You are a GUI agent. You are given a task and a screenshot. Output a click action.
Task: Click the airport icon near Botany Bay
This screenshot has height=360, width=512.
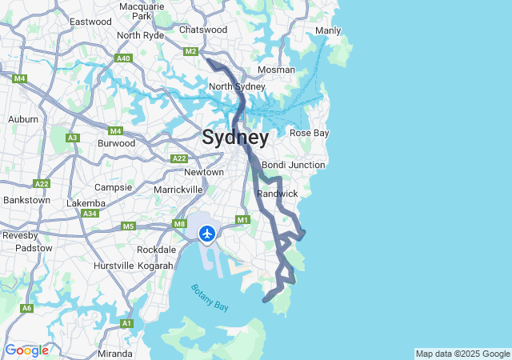click(207, 234)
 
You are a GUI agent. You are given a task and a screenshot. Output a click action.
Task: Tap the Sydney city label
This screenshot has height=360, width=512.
click(235, 137)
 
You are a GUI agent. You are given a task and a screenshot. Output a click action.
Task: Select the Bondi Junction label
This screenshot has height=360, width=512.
click(293, 165)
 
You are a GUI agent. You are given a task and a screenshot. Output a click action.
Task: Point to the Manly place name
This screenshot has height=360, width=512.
click(328, 31)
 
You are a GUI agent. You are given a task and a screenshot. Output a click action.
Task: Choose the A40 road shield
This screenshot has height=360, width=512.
click(123, 58)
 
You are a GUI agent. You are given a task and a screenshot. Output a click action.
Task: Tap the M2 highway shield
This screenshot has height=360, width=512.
click(190, 52)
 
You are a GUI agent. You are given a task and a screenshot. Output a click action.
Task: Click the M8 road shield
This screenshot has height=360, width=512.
click(179, 226)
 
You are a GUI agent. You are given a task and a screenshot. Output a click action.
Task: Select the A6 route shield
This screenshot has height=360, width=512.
click(27, 308)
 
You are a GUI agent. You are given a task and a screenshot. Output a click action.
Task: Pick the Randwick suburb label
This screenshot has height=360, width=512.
click(278, 194)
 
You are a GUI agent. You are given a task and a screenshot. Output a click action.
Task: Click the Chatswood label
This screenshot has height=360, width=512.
click(203, 30)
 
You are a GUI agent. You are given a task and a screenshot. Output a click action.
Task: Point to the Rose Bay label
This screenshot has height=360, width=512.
click(309, 133)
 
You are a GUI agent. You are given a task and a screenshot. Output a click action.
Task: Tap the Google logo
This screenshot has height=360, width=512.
click(26, 350)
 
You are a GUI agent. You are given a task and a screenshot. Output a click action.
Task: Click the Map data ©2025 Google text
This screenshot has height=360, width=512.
click(462, 354)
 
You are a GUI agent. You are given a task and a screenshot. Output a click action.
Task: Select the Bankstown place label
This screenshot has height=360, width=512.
click(26, 199)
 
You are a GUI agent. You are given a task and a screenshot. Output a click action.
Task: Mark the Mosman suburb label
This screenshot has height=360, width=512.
click(276, 70)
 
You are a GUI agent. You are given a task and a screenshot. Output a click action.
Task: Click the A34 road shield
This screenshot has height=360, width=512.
click(90, 214)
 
